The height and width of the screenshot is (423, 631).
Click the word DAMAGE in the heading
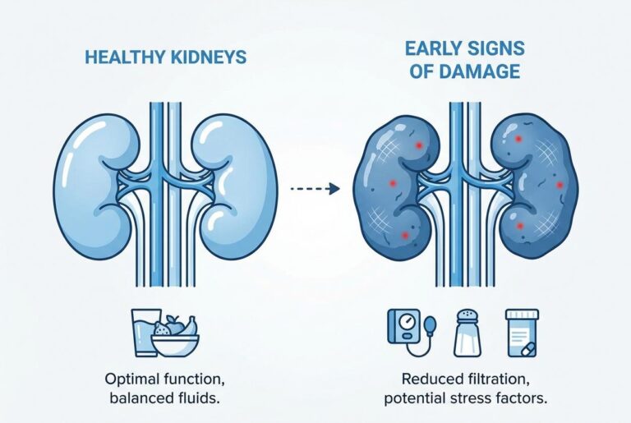479,71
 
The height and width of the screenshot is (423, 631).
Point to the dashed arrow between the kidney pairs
315,188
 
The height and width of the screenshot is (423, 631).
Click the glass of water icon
143,332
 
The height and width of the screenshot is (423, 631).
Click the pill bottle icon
522,333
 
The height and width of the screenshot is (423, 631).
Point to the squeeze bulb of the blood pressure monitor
431,323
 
